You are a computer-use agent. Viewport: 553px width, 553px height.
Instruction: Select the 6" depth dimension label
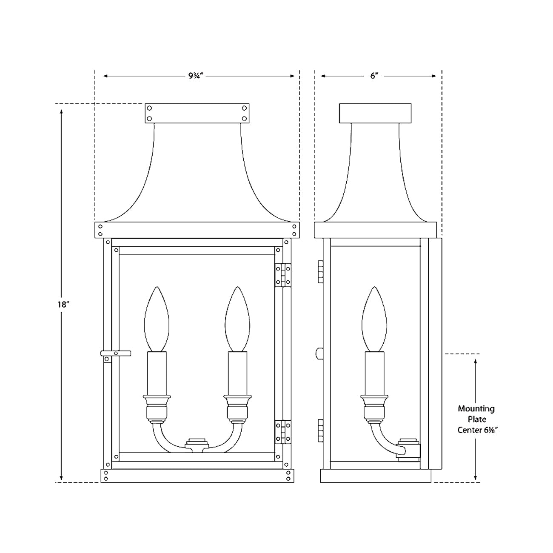[x=374, y=76]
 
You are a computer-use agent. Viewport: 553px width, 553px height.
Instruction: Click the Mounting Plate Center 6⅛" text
[x=476, y=419]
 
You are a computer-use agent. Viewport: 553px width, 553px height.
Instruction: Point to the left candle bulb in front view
[x=157, y=319]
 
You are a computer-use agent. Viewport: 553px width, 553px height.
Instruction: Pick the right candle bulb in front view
[x=237, y=319]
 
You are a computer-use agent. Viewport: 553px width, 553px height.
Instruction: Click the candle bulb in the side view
[x=374, y=319]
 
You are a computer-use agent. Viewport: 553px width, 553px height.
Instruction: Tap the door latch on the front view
[x=115, y=353]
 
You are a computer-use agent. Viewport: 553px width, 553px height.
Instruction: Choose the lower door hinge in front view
[x=282, y=432]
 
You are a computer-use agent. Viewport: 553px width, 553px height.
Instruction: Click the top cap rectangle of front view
[x=197, y=113]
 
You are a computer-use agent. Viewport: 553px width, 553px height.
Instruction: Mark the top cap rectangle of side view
[x=375, y=113]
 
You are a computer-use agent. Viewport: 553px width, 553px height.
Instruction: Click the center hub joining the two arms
[x=197, y=444]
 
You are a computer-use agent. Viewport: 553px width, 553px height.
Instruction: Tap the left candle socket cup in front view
[x=157, y=400]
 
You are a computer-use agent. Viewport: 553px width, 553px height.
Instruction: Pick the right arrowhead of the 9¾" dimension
[x=292, y=76]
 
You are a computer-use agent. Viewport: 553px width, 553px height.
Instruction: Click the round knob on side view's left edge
[x=319, y=353]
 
